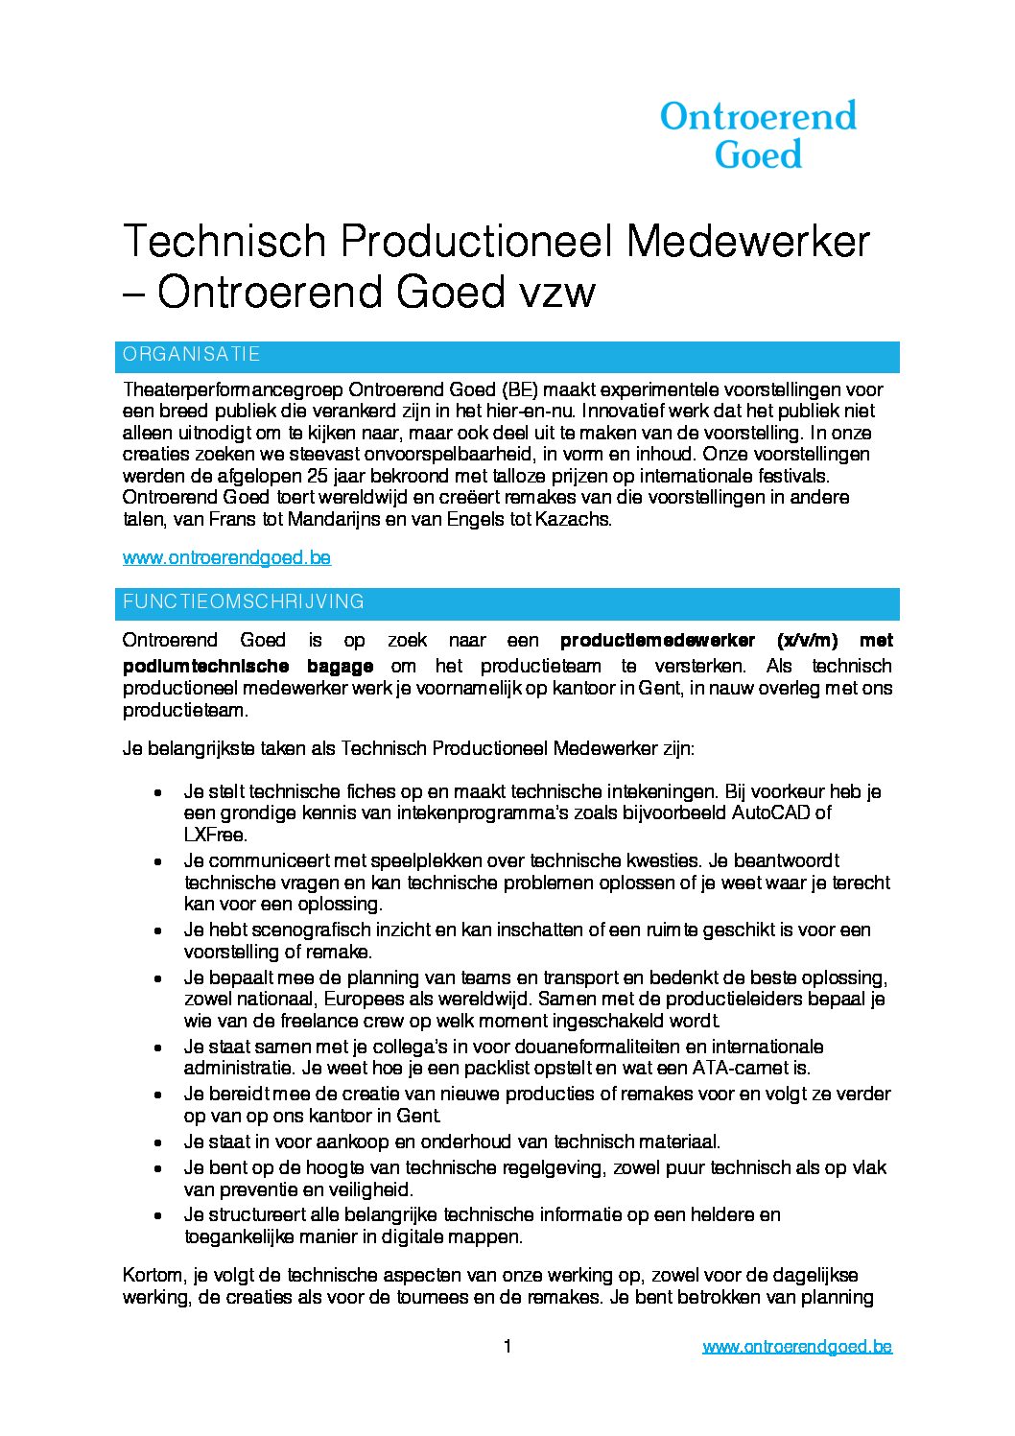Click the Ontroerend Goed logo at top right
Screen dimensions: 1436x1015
[x=758, y=134]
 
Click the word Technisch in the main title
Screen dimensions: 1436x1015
[x=223, y=241]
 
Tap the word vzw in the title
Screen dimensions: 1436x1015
[x=556, y=293]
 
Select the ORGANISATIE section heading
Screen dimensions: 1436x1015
[x=192, y=355]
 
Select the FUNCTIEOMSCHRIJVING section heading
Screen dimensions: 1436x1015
[x=244, y=602]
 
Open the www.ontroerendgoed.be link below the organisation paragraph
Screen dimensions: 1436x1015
[x=226, y=557]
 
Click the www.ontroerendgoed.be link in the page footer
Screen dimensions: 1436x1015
[x=796, y=1347]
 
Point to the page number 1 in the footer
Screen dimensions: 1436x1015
[x=507, y=1347]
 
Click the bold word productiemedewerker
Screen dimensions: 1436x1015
[x=661, y=640]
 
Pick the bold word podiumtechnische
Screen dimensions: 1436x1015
[x=205, y=666]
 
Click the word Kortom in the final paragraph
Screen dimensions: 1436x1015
[x=153, y=1276]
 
